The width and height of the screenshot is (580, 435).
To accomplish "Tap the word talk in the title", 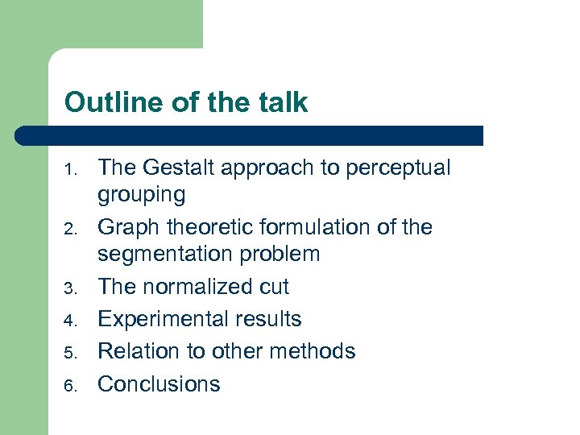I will click(284, 102).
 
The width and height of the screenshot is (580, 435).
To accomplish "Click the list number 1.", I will click(71, 170).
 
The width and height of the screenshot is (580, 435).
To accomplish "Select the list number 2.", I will click(71, 230).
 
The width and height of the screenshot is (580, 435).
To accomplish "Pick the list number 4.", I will click(71, 321).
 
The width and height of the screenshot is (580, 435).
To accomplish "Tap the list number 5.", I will click(71, 354).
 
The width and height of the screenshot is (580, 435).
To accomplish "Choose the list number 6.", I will click(71, 386).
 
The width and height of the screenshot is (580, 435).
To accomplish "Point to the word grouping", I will click(141, 195).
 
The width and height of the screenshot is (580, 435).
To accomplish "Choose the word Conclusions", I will click(159, 383).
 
